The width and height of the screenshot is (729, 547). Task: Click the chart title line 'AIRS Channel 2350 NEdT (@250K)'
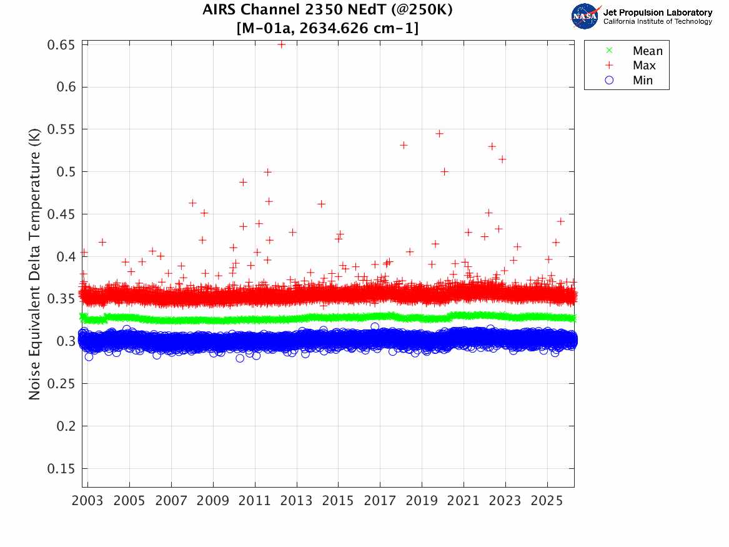[x=328, y=11]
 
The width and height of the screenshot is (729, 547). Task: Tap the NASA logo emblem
[x=585, y=16]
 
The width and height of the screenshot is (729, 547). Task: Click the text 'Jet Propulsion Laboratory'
[x=658, y=13]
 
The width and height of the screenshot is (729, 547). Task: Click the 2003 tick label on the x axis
[x=88, y=501]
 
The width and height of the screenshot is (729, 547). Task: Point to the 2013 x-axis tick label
[x=296, y=501]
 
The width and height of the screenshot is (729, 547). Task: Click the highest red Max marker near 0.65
[x=281, y=44]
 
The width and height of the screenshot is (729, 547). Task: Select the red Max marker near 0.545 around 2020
[x=439, y=134]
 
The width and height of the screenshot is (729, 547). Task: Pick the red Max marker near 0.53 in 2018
[x=404, y=145]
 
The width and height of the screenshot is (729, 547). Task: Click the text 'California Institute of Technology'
[x=658, y=22]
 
